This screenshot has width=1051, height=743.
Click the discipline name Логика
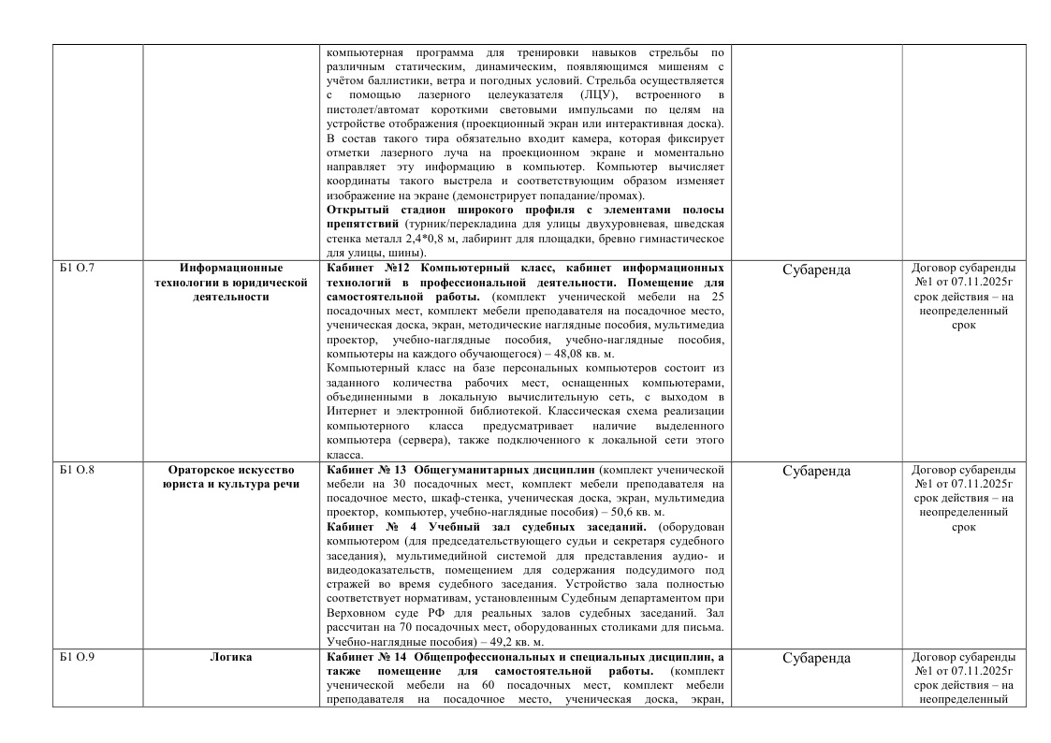(231, 658)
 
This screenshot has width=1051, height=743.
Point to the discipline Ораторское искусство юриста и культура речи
(231, 476)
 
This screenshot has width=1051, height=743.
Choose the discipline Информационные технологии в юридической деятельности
(231, 283)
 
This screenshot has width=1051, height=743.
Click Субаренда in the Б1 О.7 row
(816, 270)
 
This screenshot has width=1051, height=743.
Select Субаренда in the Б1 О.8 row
(816, 471)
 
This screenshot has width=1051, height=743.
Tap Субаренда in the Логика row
(816, 659)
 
